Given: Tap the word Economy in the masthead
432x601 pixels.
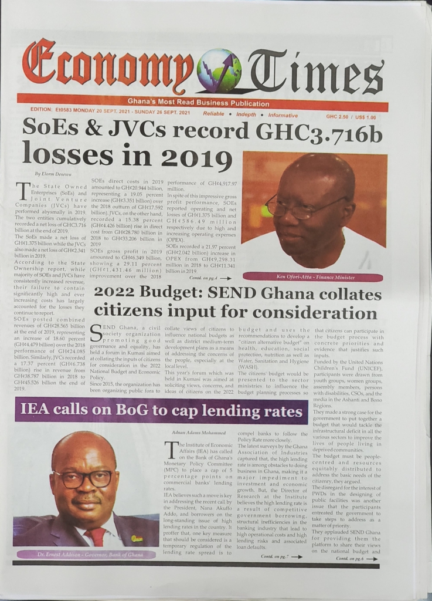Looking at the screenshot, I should [x=108, y=68].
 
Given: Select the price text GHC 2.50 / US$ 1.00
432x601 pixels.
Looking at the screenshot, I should [x=352, y=117].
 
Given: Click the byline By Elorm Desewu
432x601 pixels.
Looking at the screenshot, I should [x=54, y=173].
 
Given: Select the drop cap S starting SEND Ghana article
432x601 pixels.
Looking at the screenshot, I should [x=99, y=333].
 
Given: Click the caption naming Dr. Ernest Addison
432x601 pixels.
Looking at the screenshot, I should [x=86, y=554].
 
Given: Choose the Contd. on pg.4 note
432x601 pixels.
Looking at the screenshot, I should [x=210, y=278].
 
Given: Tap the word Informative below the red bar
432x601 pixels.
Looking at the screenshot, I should [x=283, y=116].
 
